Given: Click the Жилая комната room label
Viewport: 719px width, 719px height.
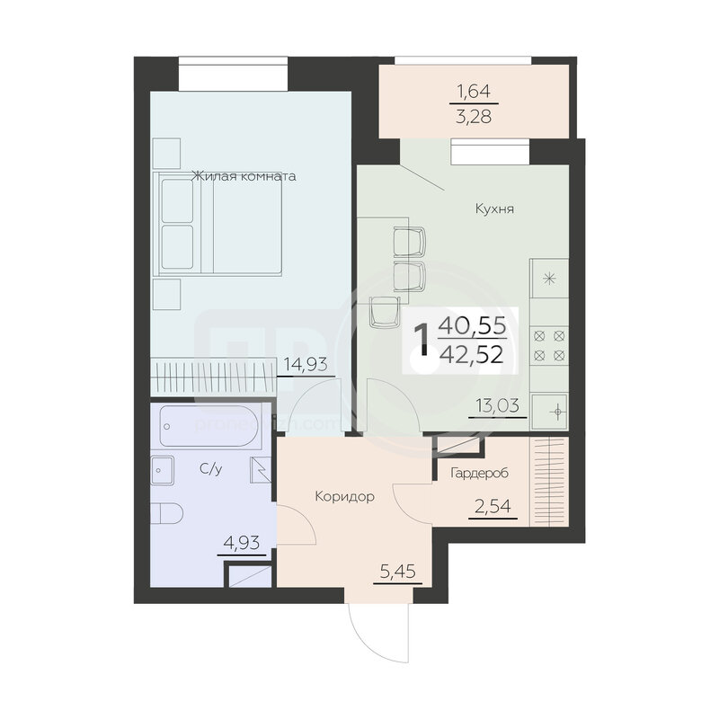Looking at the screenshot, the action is coord(244,176).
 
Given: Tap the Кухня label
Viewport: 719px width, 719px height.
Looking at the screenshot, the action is coord(494,209).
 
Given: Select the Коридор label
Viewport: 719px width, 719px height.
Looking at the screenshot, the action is coord(345,497).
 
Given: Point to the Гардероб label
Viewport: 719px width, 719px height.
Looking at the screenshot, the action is coord(480,473).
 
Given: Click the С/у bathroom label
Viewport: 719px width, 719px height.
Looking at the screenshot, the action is coord(211,469).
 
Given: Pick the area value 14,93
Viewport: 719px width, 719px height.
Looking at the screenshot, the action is coord(306,365).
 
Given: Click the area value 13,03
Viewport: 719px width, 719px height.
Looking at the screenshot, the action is coord(498,405).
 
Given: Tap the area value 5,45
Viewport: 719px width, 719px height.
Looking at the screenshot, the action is coord(398,572).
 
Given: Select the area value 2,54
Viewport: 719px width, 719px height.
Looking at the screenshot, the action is coord(493,507).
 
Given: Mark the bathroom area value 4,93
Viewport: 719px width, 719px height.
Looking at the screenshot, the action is coord(242,544).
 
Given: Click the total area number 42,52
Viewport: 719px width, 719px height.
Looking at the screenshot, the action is coord(471,355).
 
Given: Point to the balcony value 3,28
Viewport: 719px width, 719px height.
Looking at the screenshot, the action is coord(474,117).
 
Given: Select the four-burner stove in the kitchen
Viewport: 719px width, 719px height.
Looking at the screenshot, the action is coord(549,345).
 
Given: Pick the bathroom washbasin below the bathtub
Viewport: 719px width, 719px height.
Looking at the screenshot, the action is coord(163,470).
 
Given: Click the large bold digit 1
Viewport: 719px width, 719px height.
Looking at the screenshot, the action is coord(422,340).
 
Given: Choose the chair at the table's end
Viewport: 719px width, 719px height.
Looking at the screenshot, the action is coord(384,312).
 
